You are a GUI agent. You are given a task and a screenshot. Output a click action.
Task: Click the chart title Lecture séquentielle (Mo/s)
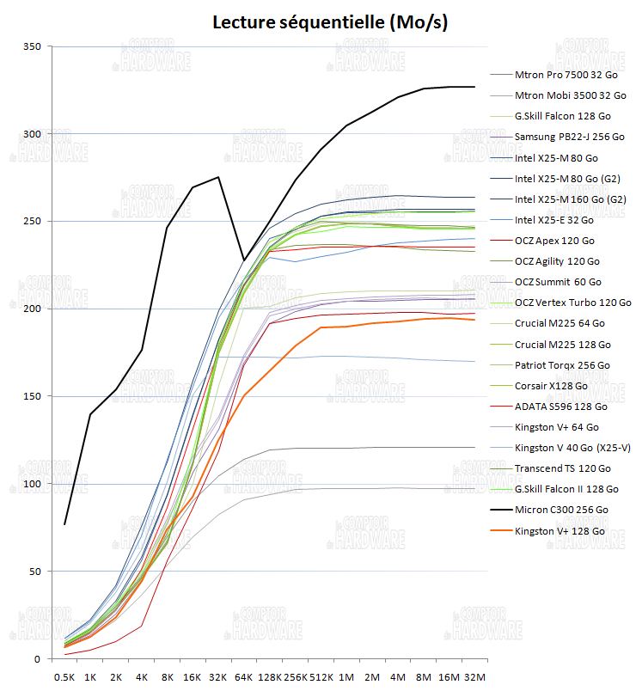tap(331, 21)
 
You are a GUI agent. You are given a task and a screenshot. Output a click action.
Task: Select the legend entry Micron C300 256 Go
tap(561, 510)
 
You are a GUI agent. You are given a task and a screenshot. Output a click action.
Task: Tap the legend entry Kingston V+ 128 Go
tap(560, 531)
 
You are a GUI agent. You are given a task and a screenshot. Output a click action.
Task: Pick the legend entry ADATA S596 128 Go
tap(560, 407)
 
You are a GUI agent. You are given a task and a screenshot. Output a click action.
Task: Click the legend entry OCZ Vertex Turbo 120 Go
tap(572, 303)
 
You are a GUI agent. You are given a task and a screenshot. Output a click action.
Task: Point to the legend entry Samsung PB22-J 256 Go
tap(569, 137)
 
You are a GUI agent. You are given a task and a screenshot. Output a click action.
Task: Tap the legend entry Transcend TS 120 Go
tap(562, 468)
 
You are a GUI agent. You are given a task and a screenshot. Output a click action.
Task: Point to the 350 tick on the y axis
tap(31, 46)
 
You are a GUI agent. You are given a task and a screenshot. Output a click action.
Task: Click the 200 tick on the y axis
tap(31, 309)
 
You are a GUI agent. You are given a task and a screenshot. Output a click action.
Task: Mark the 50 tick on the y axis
tap(34, 571)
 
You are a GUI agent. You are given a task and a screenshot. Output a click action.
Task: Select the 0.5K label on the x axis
tap(64, 676)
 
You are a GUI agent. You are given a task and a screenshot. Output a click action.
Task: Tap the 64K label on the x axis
tap(244, 676)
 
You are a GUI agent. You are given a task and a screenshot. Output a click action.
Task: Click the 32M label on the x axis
tap(474, 676)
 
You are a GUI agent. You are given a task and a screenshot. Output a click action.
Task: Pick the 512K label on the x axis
tap(321, 676)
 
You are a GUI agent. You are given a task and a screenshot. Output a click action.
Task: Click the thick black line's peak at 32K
tap(218, 177)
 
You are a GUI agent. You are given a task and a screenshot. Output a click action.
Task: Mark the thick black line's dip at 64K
tap(244, 260)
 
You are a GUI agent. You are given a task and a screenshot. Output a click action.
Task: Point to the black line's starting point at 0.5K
tap(64, 524)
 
